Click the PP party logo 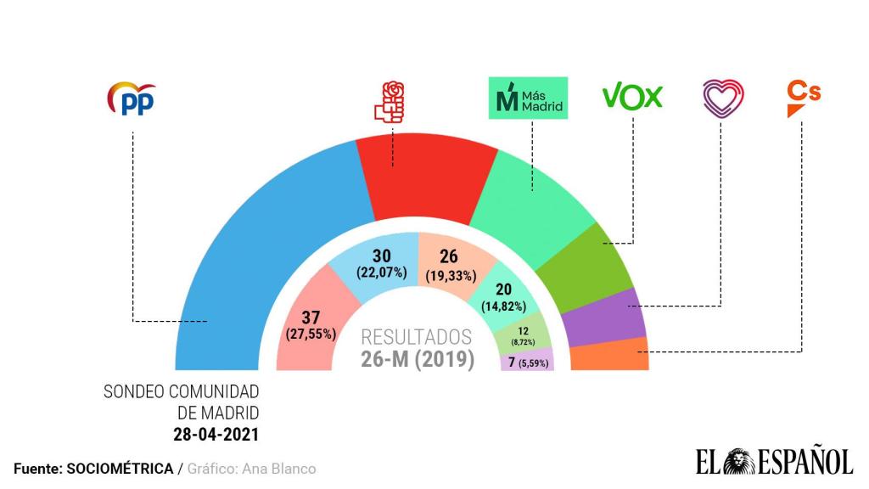click(132, 99)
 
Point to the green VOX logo click(632, 97)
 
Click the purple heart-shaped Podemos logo click(723, 98)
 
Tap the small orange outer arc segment click(609, 355)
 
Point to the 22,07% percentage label click(379, 273)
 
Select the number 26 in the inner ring click(449, 256)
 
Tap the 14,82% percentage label click(504, 306)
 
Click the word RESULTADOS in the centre click(417, 337)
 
